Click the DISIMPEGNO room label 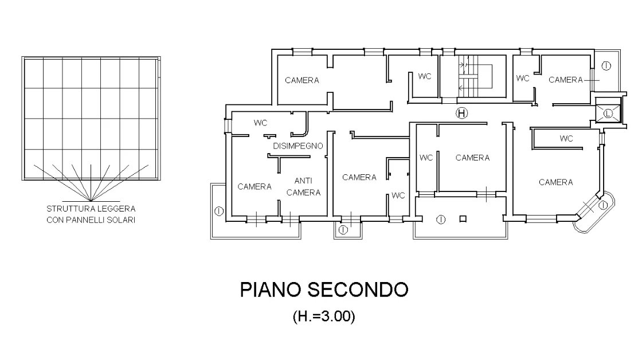(x=297, y=146)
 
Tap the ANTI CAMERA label (x=303, y=186)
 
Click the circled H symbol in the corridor (x=462, y=113)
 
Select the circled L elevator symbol (x=608, y=114)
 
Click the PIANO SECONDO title (x=324, y=289)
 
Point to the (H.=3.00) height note (x=324, y=316)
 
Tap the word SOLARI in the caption (x=121, y=220)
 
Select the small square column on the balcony (x=463, y=219)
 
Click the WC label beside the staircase (x=425, y=76)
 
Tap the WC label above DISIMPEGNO (x=260, y=123)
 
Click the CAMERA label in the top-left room (x=302, y=80)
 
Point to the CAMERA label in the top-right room (x=565, y=80)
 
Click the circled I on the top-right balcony (x=606, y=65)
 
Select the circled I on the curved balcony (x=603, y=205)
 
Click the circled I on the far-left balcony (x=219, y=212)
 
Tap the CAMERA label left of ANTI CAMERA (x=255, y=187)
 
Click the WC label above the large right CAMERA (x=566, y=138)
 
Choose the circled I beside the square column (x=441, y=220)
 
